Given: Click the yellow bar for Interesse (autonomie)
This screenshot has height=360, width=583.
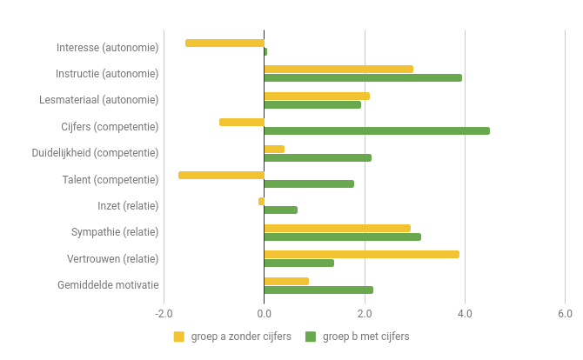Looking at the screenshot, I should (224, 43).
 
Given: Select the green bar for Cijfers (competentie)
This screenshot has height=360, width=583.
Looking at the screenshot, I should (377, 131).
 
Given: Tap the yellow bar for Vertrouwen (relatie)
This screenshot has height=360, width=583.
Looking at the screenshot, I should (361, 254).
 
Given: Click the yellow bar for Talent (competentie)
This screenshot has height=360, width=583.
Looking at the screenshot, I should (221, 175).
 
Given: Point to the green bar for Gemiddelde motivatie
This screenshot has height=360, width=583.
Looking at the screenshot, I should (318, 290).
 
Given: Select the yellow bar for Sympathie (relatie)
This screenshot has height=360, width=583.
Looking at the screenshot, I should (337, 228).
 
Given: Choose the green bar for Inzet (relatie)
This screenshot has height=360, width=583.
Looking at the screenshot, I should (280, 210).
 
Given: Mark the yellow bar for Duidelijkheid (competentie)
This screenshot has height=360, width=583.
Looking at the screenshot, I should (274, 149).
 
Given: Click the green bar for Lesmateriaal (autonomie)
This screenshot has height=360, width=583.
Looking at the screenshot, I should (312, 104).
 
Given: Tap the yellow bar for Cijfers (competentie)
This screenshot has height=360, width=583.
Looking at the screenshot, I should (242, 122).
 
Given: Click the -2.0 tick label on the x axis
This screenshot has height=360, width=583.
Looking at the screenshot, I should (163, 313).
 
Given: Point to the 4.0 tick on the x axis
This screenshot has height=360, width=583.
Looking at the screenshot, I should (465, 313).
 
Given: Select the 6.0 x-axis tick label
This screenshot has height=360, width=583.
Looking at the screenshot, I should (565, 313).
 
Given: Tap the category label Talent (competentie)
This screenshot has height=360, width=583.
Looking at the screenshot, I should (111, 179).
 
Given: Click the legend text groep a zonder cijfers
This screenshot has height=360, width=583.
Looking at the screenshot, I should (241, 337).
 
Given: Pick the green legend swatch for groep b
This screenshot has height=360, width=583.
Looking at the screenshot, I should (311, 337).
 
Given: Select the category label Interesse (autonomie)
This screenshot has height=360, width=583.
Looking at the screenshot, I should (107, 47).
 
